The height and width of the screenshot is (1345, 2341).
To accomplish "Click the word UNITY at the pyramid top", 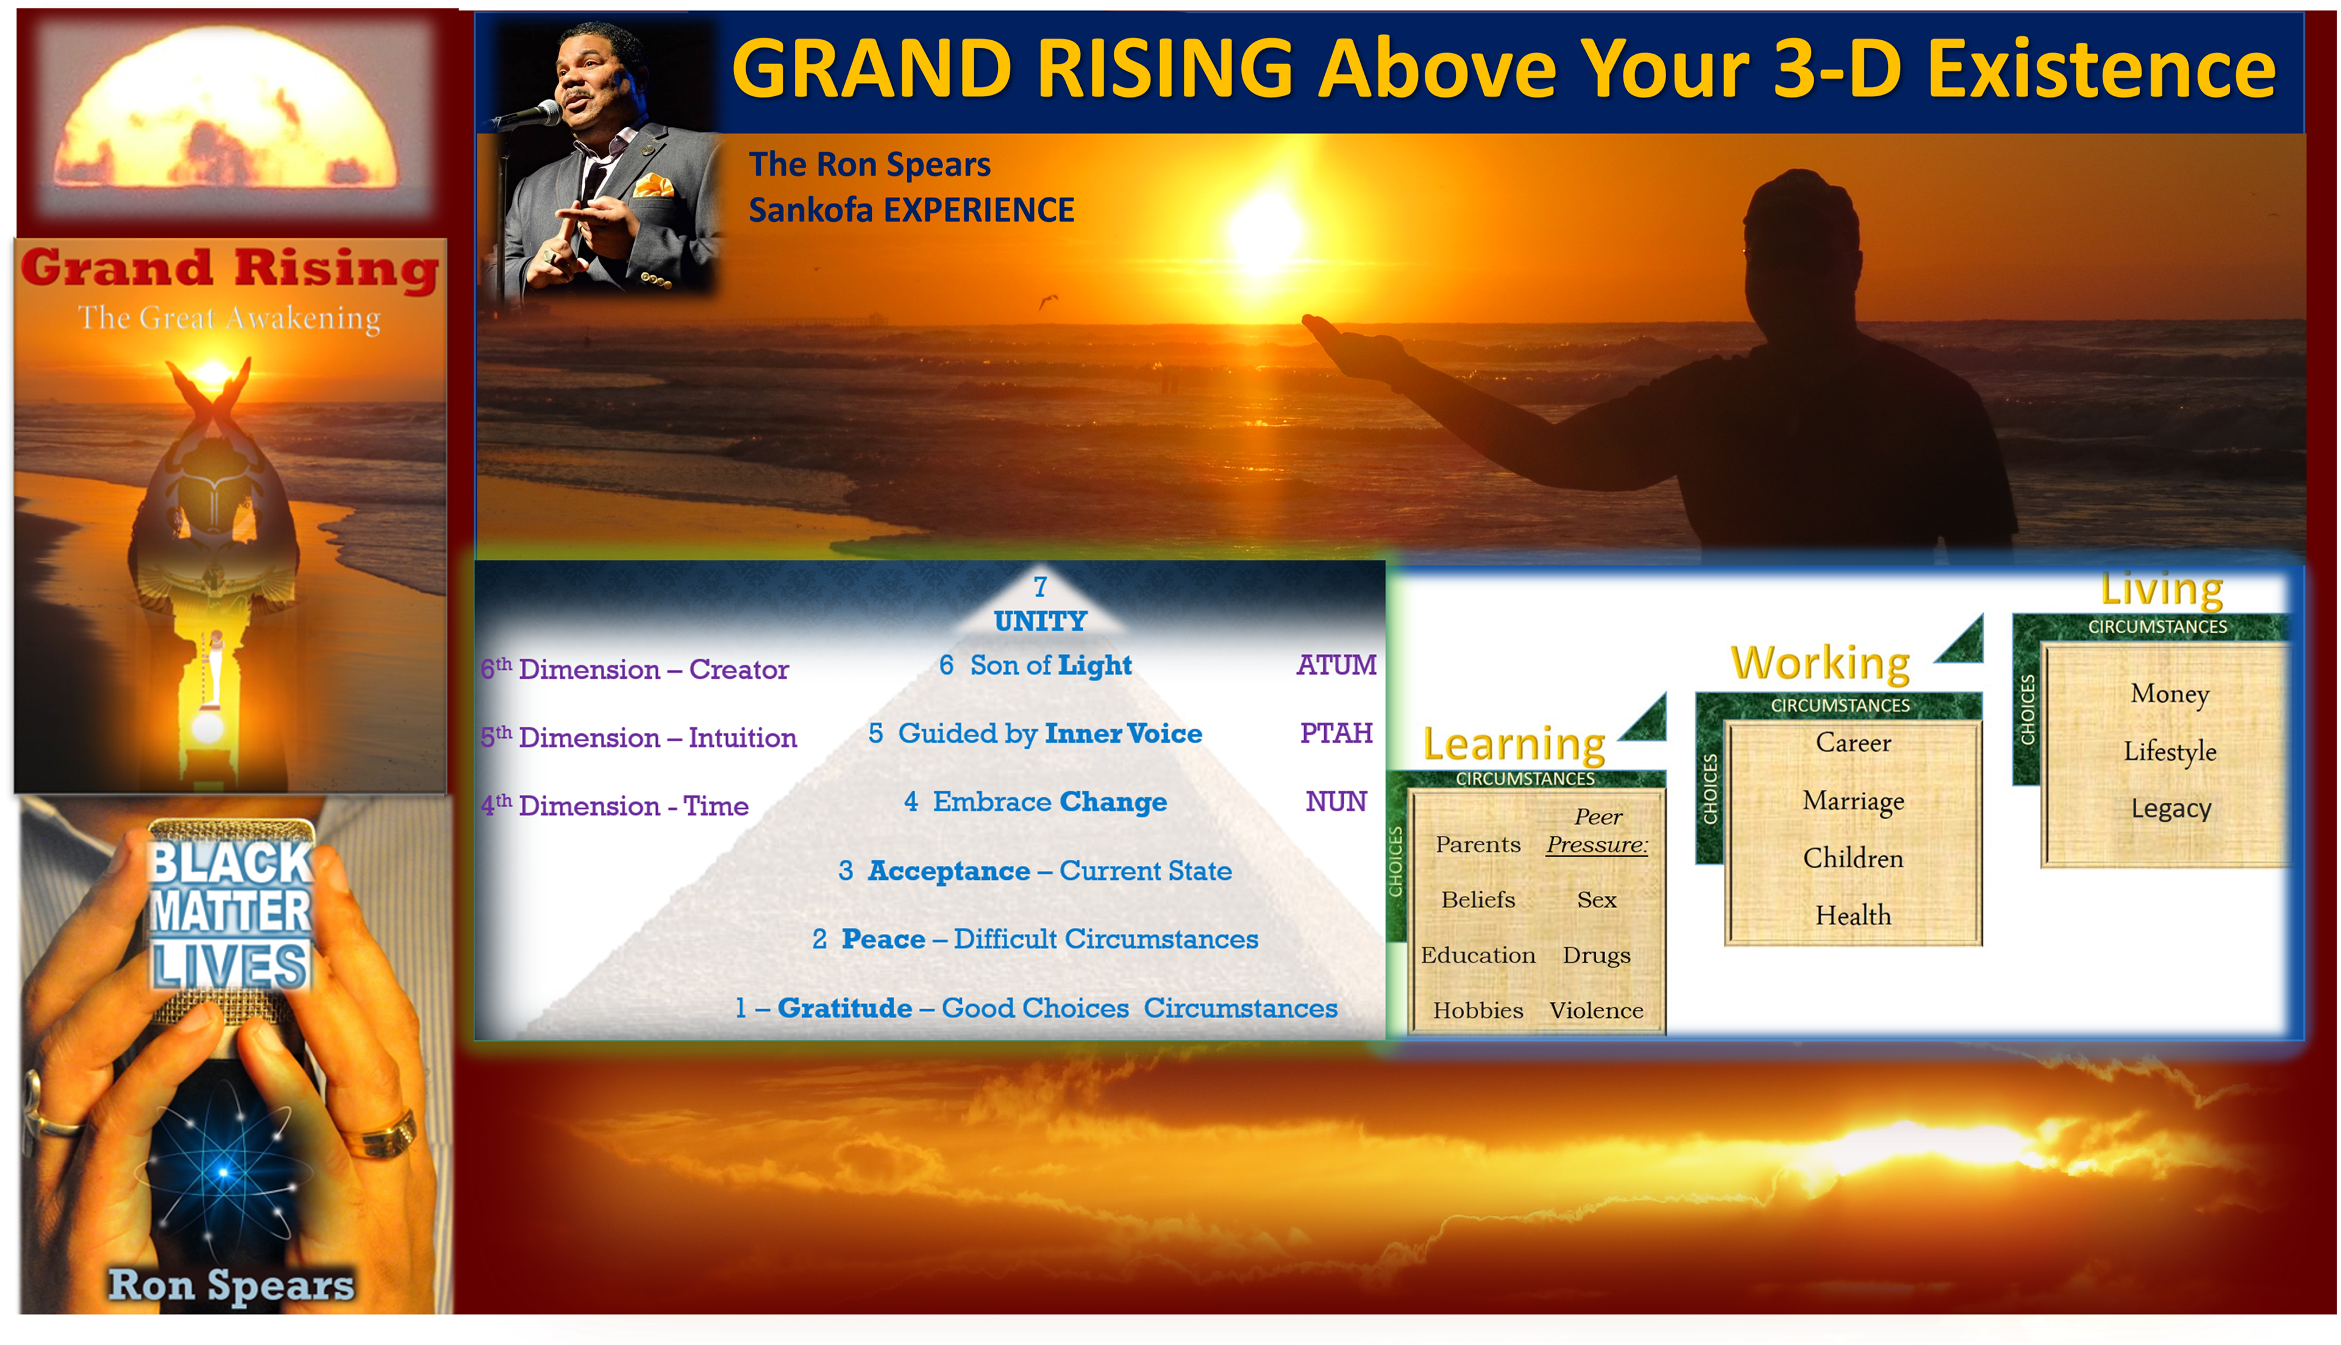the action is pos(1040,621).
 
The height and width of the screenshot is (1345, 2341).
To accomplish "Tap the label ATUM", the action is pos(1336,665).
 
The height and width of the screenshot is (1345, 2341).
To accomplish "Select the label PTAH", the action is pos(1336,734).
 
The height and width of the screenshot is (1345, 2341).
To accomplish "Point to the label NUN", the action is pos(1336,802).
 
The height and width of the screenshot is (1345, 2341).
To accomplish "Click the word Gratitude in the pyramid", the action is pos(844,1008).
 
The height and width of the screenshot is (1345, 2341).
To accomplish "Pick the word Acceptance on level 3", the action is pos(949,871).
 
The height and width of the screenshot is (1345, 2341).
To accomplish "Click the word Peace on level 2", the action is pos(883,940).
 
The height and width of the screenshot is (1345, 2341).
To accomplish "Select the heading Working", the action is pos(1820,663).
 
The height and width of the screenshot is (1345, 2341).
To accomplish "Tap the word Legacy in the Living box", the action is pos(2171,809).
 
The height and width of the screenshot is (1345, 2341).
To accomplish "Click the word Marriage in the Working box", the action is pos(1853,801).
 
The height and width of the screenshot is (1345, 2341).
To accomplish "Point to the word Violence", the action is pos(1597,1010).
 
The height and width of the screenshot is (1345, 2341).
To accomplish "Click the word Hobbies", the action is pos(1478,1010).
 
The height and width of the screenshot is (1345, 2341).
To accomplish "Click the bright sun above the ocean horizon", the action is pos(1266,227).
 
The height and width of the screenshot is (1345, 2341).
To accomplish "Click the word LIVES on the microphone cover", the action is pos(230,965).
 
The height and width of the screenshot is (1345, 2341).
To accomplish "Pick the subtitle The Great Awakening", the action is pos(229,318).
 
